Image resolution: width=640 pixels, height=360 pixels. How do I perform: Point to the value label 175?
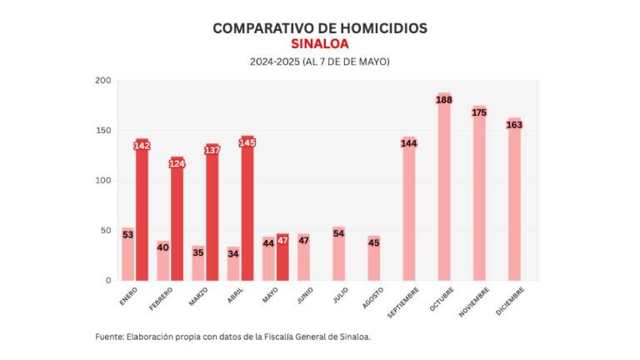479,112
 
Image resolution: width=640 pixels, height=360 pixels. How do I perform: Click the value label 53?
127,235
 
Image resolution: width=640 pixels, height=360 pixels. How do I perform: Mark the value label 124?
177,163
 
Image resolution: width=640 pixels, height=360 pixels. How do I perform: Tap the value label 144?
408,143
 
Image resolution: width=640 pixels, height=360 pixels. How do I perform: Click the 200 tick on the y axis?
103,80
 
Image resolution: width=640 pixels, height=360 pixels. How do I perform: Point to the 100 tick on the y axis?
103,180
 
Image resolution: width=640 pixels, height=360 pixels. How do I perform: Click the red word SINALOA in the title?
320,44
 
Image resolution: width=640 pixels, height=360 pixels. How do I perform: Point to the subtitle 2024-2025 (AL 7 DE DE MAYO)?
320,62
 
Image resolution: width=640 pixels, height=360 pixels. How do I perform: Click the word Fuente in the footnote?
108,337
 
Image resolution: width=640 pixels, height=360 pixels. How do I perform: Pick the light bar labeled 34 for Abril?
233,265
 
